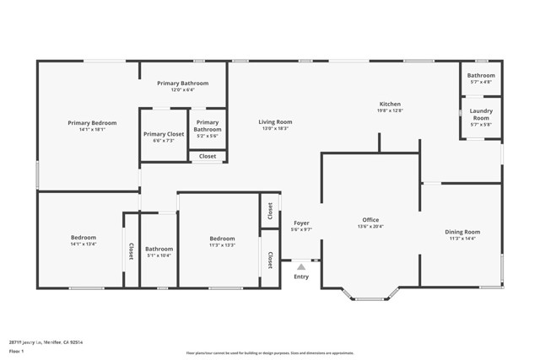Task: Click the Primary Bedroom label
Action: pos(92,123)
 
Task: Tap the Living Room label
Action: pos(275,122)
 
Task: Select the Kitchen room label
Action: pos(389,105)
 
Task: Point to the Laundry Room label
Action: pos(481,114)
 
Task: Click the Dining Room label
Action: pos(462,232)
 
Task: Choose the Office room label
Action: pos(370,220)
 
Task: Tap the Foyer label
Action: pos(301,223)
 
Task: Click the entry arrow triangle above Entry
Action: pos(301,266)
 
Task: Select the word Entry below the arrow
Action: pos(301,277)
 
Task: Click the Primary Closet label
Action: pos(164,134)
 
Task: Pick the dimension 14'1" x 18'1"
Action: pos(92,130)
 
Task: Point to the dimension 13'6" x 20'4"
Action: pos(370,227)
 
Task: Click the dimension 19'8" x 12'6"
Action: pos(389,111)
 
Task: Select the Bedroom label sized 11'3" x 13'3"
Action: pos(222,239)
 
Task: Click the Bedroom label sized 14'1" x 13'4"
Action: pos(83,238)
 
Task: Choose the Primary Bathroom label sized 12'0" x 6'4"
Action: pos(182,83)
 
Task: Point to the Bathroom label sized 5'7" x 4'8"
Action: pos(481,76)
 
